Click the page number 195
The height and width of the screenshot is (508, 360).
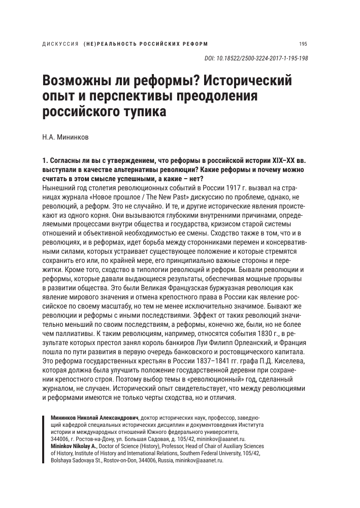click(304, 43)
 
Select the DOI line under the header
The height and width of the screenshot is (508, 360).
click(256, 58)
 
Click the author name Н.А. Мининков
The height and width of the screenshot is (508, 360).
click(67, 138)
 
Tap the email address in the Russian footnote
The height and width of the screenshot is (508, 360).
click(219, 438)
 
